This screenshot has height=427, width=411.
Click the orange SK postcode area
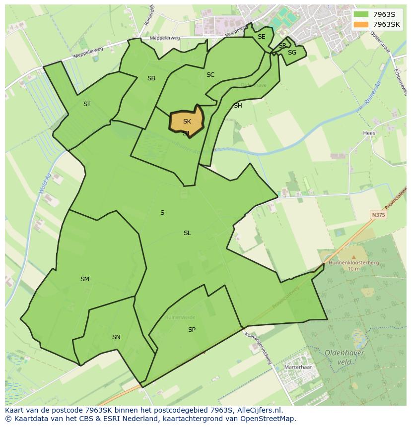(x=187, y=122)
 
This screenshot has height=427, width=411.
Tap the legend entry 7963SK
(x=387, y=24)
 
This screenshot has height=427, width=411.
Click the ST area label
(x=87, y=104)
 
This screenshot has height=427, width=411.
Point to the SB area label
(x=151, y=78)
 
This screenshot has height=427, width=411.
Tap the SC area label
(x=210, y=75)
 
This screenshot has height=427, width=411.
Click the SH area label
(x=238, y=106)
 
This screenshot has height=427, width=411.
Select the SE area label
(x=261, y=37)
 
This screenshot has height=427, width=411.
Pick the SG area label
(x=292, y=53)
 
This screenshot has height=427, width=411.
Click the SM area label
(x=85, y=279)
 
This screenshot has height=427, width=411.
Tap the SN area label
(x=116, y=337)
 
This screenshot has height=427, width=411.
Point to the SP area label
(x=192, y=330)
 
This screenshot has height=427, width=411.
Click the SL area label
(x=187, y=233)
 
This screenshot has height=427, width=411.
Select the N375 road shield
(x=378, y=215)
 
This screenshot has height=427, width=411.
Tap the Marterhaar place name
(x=297, y=367)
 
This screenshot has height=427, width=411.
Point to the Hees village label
(x=369, y=133)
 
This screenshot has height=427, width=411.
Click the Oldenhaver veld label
(x=344, y=358)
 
